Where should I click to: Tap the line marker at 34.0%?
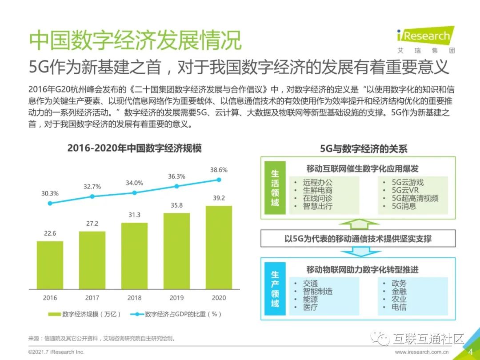pos(134,192)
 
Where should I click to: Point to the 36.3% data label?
pos(176,176)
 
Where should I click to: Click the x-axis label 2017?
pos(92,297)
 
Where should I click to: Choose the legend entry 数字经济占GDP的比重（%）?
pos(176,314)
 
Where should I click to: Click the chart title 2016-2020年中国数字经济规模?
pos(134,148)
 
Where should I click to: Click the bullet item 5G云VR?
pos(402,190)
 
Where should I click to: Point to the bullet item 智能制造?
pos(318,291)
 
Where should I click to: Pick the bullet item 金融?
pos(399,291)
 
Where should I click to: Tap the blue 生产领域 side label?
pos(275,289)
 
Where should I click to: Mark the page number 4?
pos(471,352)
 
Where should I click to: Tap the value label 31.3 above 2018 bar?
pos(134,215)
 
